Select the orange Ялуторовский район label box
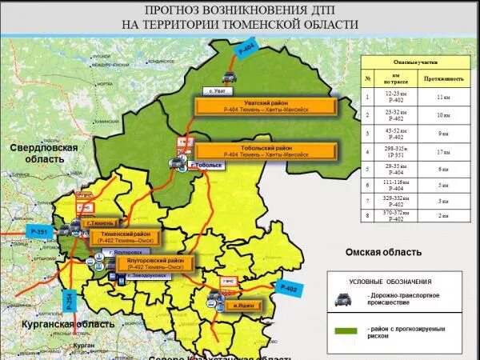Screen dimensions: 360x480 pyautogui.click(x=162, y=263)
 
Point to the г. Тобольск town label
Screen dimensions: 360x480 pyautogui.click(x=206, y=165)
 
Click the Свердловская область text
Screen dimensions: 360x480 pyautogui.click(x=44, y=154)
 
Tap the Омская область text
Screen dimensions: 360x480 pyautogui.click(x=383, y=252)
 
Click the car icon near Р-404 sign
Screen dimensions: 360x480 pyautogui.click(x=230, y=77)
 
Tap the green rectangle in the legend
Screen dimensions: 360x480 pyautogui.click(x=346, y=330)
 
